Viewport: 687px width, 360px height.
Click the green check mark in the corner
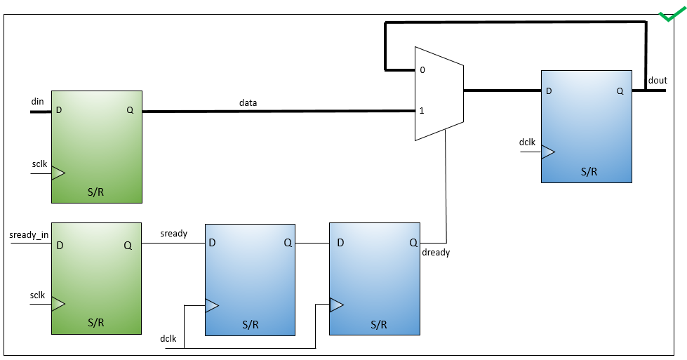pos(672,15)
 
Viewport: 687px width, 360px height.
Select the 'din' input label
pos(38,101)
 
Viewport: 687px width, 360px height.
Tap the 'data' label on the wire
pos(248,102)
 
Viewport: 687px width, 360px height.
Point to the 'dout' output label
pos(658,80)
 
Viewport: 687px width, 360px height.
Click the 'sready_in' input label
pos(29,235)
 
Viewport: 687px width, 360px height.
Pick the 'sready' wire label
pos(174,234)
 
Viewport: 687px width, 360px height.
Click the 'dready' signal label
pos(436,252)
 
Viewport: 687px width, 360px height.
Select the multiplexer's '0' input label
pos(422,69)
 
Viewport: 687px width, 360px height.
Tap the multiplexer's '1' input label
pos(422,110)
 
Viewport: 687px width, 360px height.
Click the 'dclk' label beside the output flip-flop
pos(527,142)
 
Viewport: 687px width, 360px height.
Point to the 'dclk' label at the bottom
pos(168,338)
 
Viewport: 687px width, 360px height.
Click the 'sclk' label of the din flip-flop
pos(39,164)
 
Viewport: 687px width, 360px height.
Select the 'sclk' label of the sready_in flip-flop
pos(38,295)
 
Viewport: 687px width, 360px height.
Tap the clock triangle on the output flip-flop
pos(548,152)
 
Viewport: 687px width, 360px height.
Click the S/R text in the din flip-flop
pos(96,192)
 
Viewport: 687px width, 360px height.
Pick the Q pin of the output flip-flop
pos(620,91)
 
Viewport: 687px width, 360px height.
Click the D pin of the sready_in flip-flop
pos(60,245)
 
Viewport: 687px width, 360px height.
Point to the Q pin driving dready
pos(413,242)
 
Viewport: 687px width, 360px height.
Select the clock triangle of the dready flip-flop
pos(337,305)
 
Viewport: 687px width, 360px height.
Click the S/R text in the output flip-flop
pos(589,171)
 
